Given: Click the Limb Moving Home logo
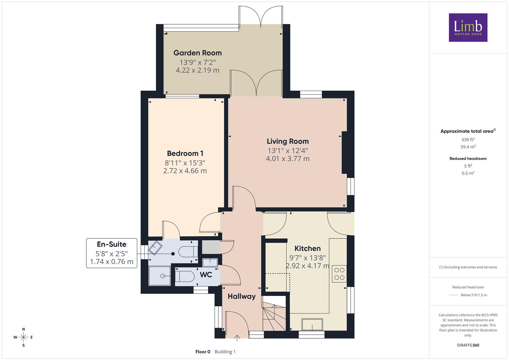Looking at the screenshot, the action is [468, 27].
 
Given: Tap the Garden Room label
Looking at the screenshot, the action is [197, 53].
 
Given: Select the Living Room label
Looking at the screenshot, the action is [288, 141].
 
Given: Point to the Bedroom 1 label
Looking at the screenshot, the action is [185, 153].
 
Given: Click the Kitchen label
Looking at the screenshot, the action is [307, 248].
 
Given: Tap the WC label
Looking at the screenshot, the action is [206, 275].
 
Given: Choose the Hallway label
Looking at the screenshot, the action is [242, 296].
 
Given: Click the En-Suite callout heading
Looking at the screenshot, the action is [112, 244].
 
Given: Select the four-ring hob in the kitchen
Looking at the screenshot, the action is [339, 274].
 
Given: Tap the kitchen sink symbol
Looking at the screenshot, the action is [312, 324].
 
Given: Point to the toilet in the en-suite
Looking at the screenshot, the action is [188, 252].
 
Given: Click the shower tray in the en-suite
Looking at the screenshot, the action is [160, 276].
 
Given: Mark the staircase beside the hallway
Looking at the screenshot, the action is [274, 313].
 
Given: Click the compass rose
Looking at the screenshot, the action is [23, 337].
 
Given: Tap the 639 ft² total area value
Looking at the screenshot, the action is [468, 140].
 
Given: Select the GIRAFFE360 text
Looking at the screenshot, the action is [468, 345].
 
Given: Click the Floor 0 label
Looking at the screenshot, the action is [203, 352].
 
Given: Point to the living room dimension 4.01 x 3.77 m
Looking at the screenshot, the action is [288, 159].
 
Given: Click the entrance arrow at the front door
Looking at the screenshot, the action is [237, 338].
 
